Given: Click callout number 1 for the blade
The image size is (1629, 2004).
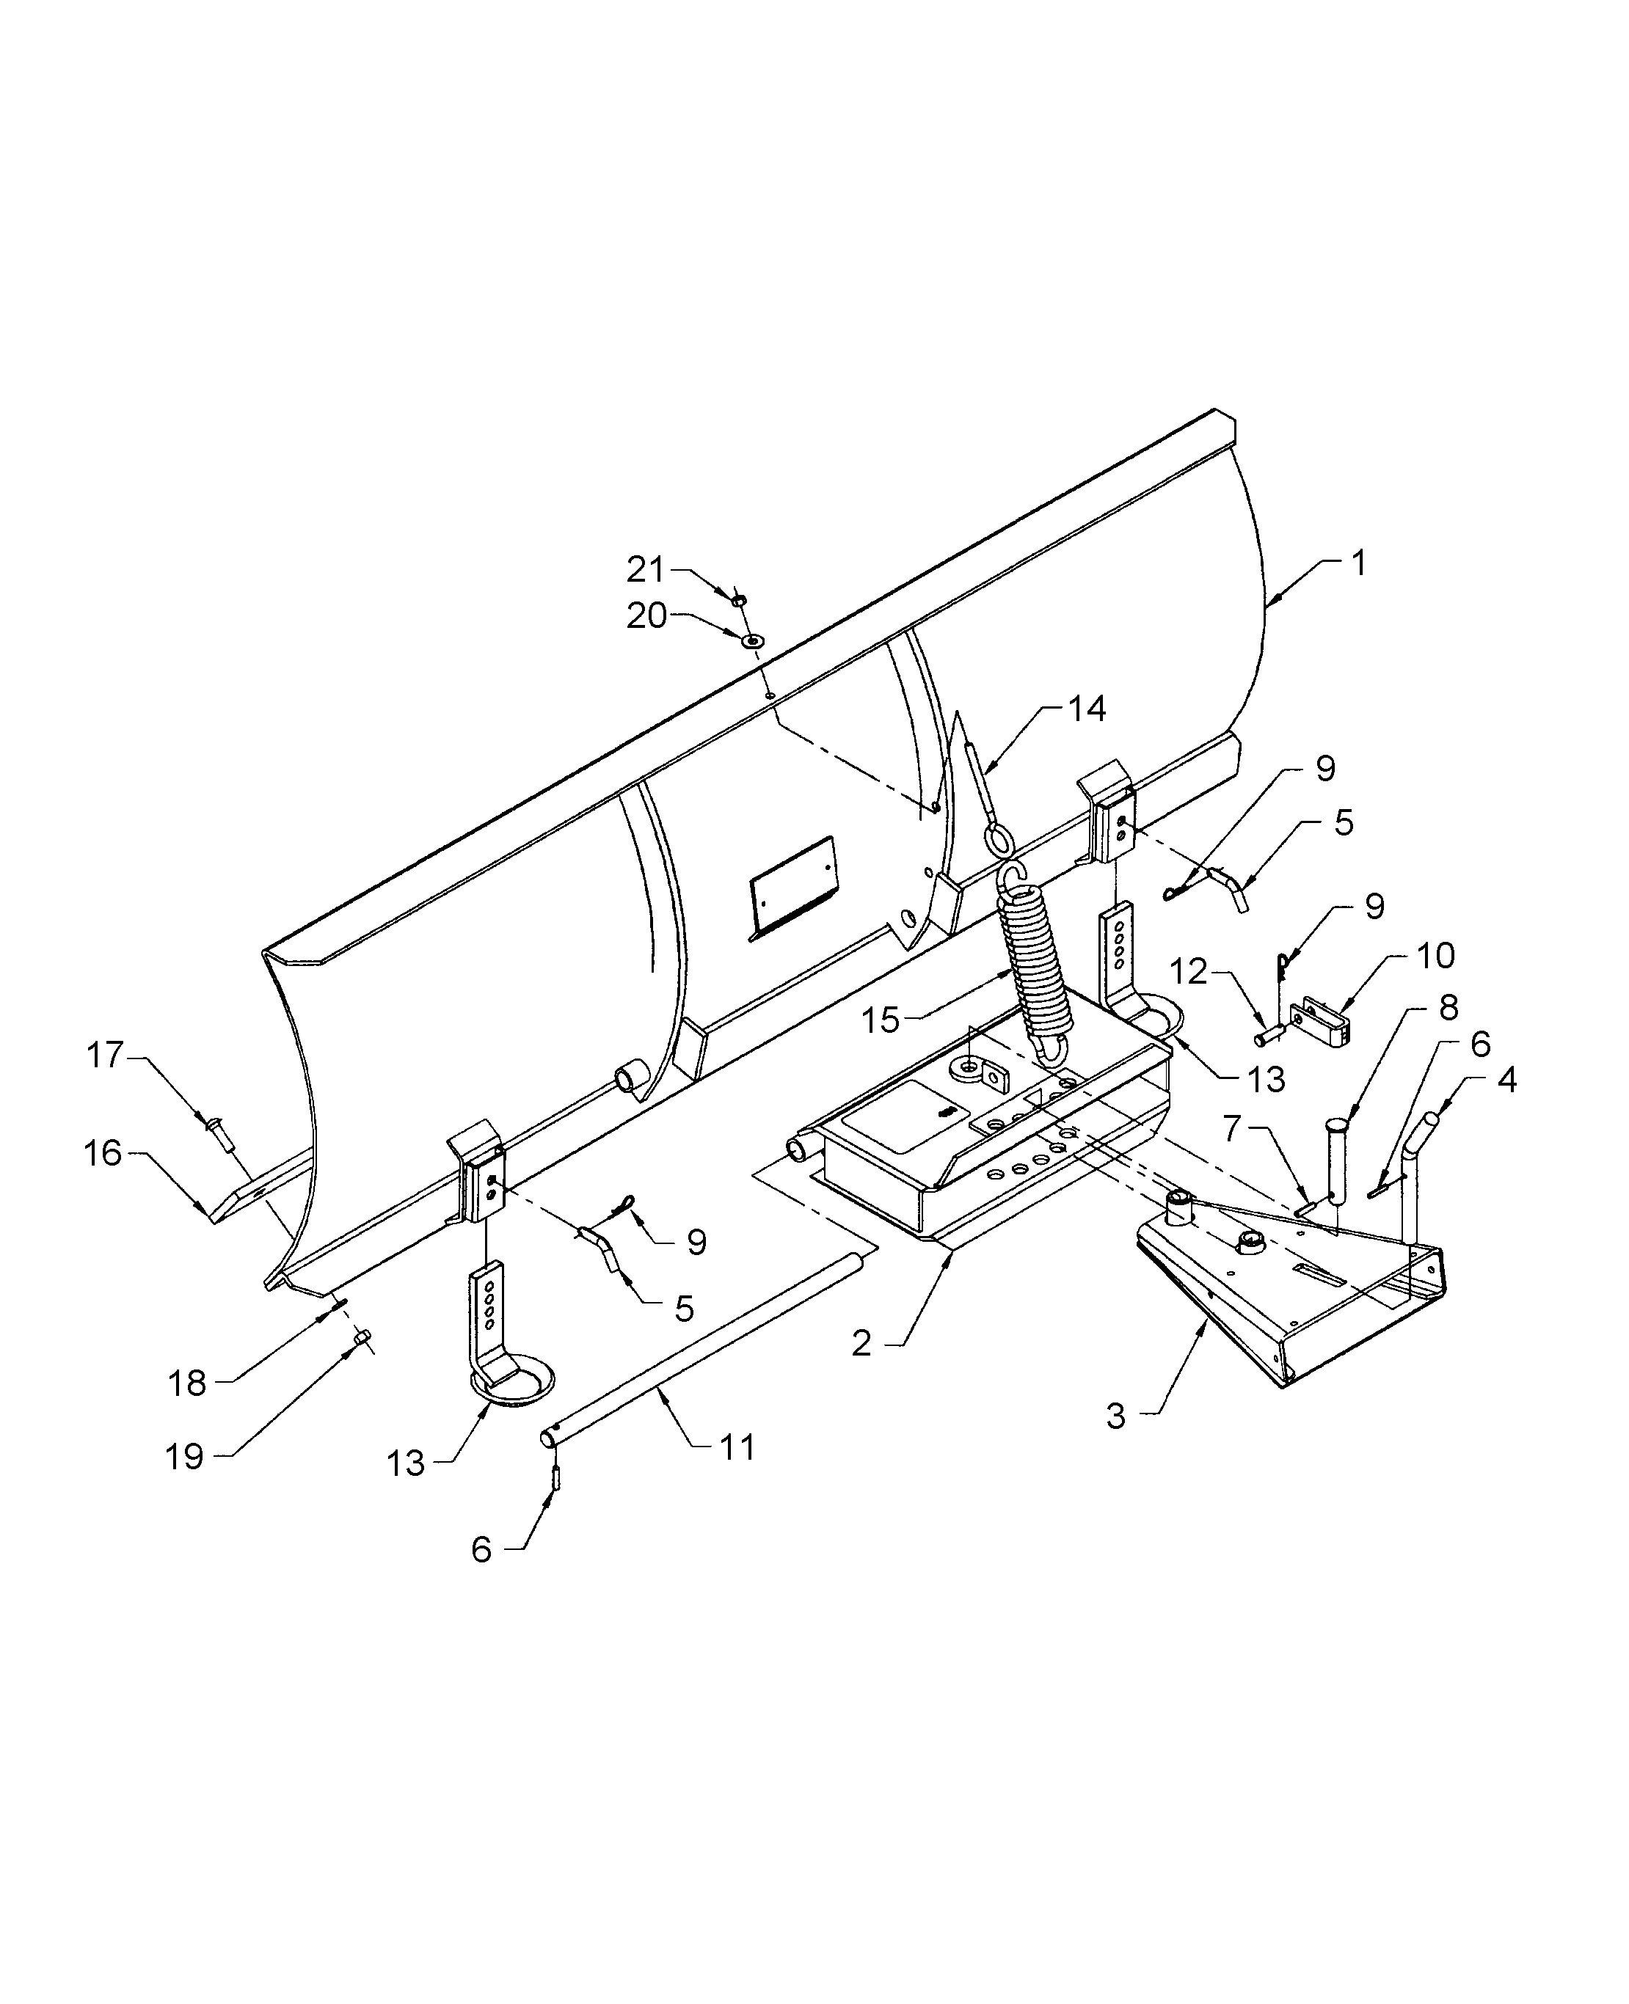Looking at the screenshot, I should point(1357,564).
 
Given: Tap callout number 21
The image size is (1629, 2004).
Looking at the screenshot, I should point(646,569).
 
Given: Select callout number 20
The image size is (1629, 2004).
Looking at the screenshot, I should point(646,616).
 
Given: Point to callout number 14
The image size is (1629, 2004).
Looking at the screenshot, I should point(1087,709).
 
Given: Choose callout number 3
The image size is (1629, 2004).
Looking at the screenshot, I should point(1115,1416).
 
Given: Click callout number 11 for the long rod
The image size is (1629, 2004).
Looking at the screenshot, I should point(737,1448).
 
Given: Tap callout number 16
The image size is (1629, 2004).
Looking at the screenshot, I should point(103,1153).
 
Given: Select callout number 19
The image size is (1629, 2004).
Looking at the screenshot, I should point(184,1456).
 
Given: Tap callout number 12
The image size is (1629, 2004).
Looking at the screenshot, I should point(1189,971).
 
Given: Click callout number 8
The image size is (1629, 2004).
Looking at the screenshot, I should point(1448,1009).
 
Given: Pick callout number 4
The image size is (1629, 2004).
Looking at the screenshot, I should point(1506,1080).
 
